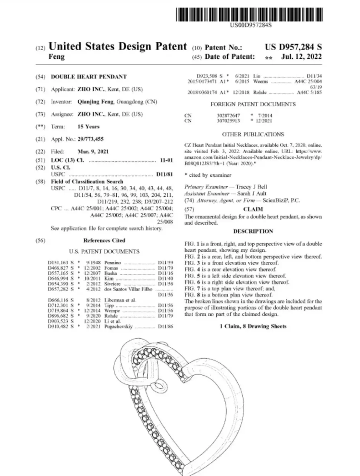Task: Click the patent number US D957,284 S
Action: click(293, 47)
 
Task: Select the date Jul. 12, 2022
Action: click(301, 57)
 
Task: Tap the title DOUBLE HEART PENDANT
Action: click(88, 77)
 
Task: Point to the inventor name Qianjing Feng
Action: click(96, 102)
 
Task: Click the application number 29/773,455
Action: click(90, 139)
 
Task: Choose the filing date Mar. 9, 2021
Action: click(93, 151)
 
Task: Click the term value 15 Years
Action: click(88, 126)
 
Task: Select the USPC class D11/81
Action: click(164, 174)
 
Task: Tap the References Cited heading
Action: click(104, 240)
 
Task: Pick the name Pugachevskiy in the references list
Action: click(119, 327)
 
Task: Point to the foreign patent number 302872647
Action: click(228, 115)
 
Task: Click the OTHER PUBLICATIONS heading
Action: click(253, 134)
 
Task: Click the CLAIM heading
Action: click(253, 209)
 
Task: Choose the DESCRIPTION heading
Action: click(253, 231)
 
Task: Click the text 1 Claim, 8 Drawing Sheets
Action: click(253, 326)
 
